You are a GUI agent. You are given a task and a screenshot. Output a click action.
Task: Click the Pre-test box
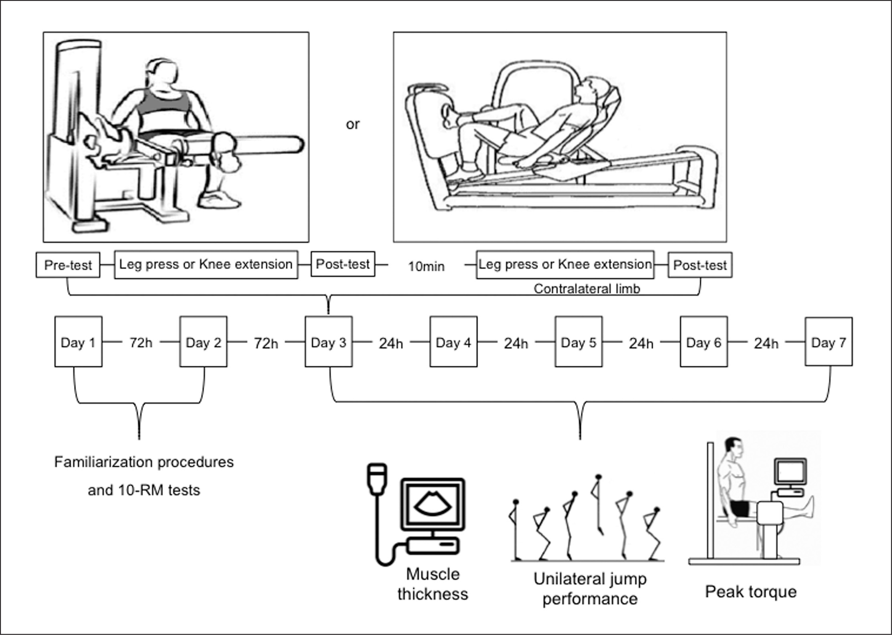click(x=68, y=265)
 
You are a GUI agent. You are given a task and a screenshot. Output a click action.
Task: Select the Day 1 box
click(x=78, y=342)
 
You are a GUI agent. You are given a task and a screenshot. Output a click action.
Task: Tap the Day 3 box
click(x=328, y=342)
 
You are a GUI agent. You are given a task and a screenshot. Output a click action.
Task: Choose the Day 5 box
click(x=578, y=342)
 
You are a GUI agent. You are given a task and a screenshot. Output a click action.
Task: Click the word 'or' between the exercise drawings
click(x=353, y=124)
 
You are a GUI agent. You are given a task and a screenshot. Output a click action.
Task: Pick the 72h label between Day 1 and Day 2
click(x=141, y=343)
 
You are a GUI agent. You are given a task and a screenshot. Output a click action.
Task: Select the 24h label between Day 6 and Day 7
click(x=766, y=343)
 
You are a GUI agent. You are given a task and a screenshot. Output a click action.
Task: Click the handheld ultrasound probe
click(x=377, y=478)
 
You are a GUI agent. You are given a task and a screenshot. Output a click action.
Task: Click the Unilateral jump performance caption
click(x=590, y=589)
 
